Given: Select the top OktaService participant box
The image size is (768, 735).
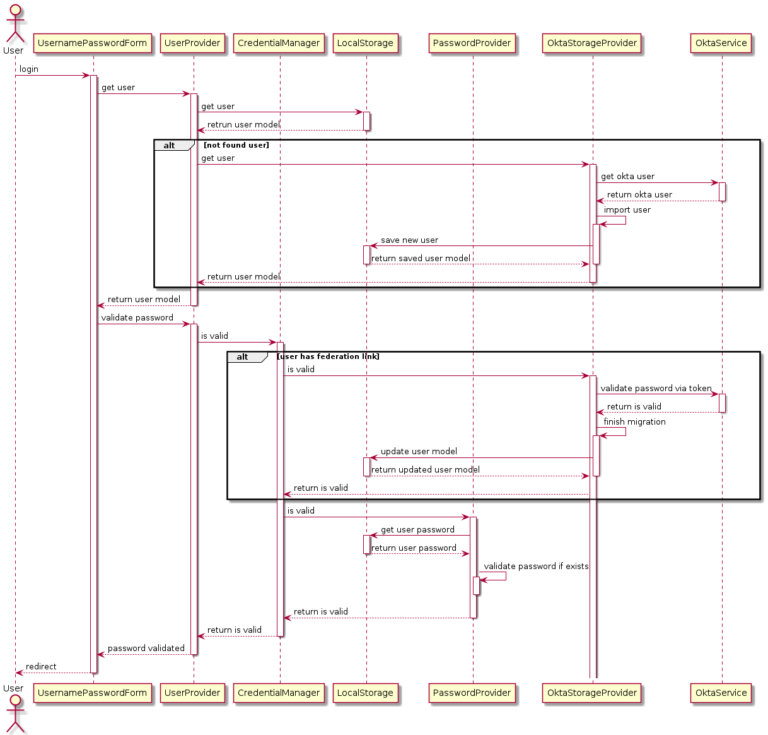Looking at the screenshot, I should coord(721,43).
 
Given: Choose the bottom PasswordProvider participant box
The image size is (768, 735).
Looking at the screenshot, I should coord(472,692).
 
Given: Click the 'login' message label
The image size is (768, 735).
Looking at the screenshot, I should coord(30,69).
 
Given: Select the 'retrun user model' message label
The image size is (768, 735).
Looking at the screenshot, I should coord(243,124).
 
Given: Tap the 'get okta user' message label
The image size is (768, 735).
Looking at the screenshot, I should coord(627,176).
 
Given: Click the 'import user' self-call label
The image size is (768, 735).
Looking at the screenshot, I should coord(626,210).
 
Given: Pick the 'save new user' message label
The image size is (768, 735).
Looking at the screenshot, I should coord(409,240).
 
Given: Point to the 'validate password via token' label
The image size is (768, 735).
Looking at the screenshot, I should coord(656,388).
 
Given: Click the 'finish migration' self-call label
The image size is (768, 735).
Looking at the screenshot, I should coord(633,422).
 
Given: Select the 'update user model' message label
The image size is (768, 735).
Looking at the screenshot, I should coord(418,451).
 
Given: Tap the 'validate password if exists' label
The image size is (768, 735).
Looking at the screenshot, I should coord(535,566).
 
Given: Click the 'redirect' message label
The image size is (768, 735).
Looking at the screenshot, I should coord(41,666).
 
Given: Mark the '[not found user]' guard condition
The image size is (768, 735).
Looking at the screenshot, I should coord(236,145).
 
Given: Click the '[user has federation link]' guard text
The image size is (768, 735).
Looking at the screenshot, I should coord(328,356).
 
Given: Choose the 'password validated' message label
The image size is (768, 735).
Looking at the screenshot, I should coord(146,648).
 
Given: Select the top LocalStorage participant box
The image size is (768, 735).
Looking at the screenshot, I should coord(365,43).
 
